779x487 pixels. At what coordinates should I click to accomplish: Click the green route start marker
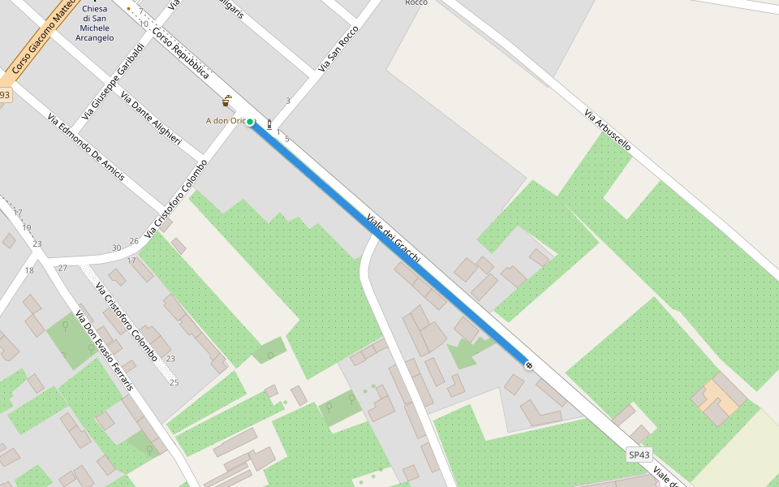click(251, 122)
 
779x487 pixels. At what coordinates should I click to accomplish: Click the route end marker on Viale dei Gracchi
click(529, 366)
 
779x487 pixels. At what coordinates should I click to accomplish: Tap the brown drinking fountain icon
click(226, 101)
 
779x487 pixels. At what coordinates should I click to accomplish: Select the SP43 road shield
click(640, 455)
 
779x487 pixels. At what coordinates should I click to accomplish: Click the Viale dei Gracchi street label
click(394, 239)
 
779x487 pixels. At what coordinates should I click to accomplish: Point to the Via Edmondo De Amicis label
click(85, 147)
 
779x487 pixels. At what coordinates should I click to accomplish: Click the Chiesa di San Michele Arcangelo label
click(94, 24)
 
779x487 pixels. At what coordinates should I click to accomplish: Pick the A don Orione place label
click(225, 121)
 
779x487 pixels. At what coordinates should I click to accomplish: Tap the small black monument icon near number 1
click(269, 125)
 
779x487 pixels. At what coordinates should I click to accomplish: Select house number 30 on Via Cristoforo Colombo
click(116, 248)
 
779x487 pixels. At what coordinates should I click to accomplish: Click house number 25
click(174, 382)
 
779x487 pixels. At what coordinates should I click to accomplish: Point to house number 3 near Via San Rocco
click(287, 101)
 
